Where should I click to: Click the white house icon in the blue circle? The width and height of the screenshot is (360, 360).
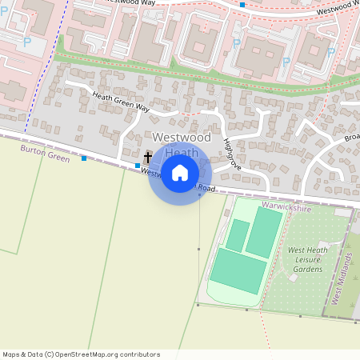(x=180, y=172)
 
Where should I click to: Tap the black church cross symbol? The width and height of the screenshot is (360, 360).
(x=148, y=158)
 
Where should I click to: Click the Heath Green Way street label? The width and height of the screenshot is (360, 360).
(x=121, y=102)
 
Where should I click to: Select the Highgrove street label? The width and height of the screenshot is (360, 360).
(x=232, y=153)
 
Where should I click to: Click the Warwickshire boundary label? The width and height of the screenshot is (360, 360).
(x=286, y=208)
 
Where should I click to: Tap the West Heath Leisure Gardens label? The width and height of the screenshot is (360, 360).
(x=307, y=259)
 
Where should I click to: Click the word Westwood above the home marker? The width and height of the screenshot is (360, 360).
(x=181, y=138)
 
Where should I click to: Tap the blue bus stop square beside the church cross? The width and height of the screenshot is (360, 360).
(x=138, y=165)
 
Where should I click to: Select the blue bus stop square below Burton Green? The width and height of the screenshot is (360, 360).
(x=84, y=158)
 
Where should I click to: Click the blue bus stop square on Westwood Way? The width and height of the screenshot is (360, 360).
(x=242, y=5)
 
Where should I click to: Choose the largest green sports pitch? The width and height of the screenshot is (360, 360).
(x=237, y=270)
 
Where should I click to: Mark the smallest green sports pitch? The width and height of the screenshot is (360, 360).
(x=237, y=234)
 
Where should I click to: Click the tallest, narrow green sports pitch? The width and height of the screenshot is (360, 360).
(x=264, y=232)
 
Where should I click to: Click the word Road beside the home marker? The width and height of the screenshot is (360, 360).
(x=206, y=188)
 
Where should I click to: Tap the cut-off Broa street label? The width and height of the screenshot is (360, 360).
(x=352, y=137)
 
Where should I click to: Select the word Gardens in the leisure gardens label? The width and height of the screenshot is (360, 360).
(x=307, y=269)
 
